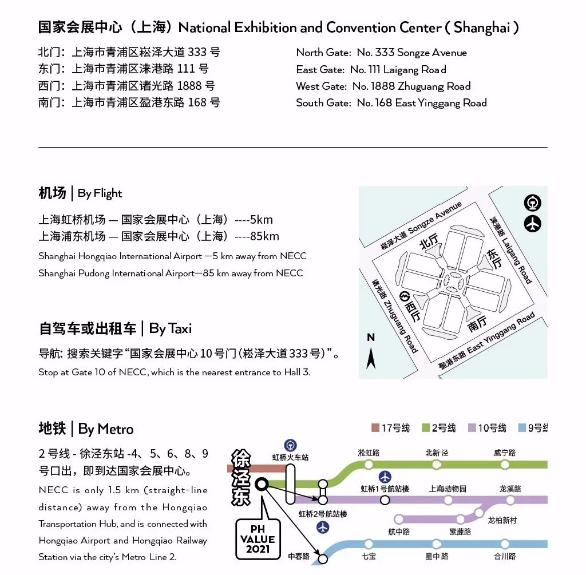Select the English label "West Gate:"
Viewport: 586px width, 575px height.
tap(321, 86)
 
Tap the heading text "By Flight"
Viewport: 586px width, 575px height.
tap(100, 193)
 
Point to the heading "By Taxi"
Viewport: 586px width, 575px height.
tap(171, 328)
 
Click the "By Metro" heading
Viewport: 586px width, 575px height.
tap(106, 429)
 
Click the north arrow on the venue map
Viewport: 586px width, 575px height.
tap(371, 352)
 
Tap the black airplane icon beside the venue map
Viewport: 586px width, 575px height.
tap(533, 224)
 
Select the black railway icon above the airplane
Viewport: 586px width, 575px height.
tap(533, 203)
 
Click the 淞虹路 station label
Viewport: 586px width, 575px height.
tap(369, 453)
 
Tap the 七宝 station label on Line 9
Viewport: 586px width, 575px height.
tap(369, 556)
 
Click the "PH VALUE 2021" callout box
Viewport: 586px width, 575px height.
tap(258, 538)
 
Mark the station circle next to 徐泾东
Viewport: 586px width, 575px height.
tap(262, 485)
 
